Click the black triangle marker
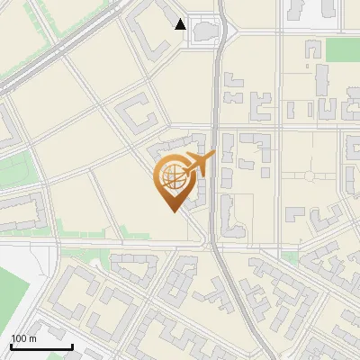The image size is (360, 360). (181, 24)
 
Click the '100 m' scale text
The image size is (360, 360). (23, 338)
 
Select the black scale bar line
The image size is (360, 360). (41, 346)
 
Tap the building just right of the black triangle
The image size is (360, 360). (206, 31)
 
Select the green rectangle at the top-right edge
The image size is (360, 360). (343, 49)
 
